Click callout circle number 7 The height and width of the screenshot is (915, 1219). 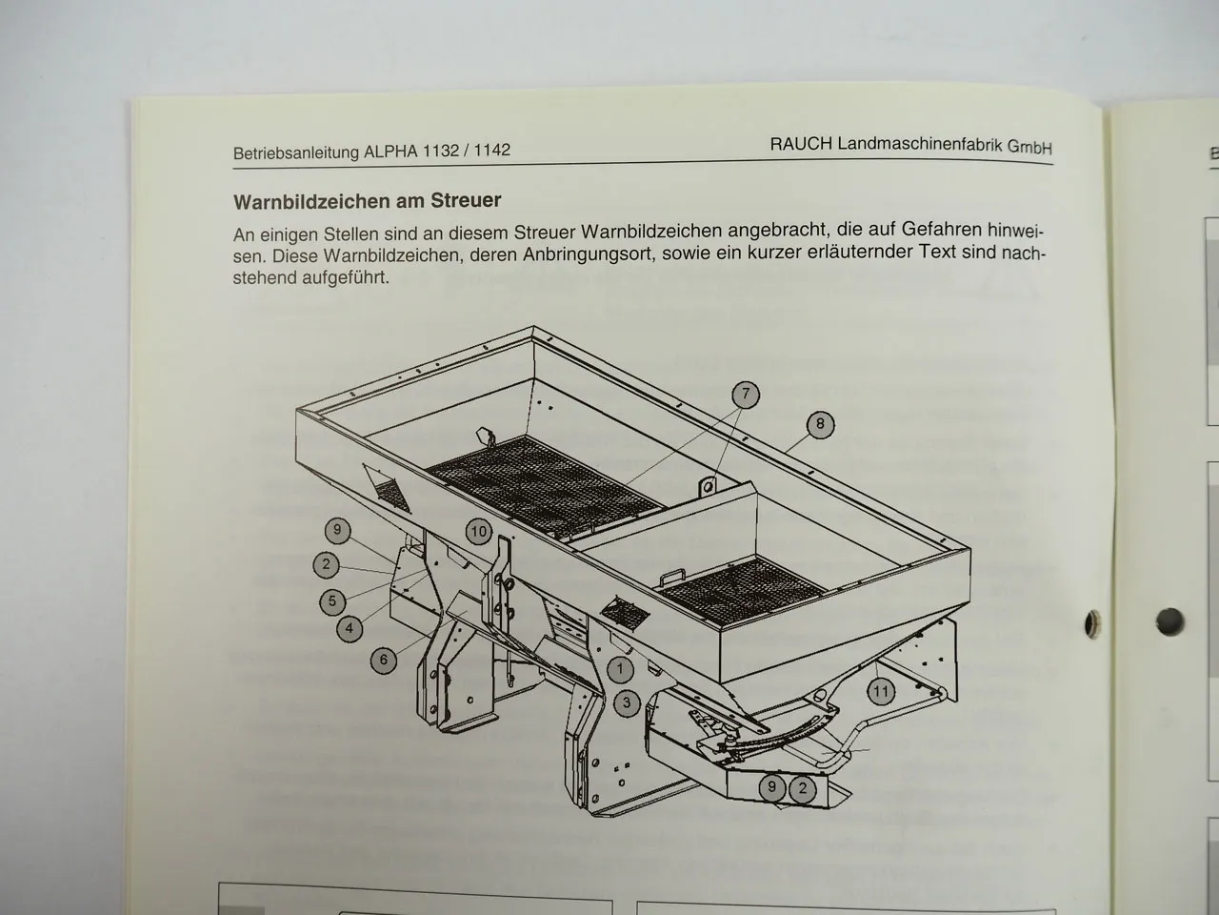pyautogui.click(x=746, y=395)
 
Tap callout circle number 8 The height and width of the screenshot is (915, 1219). pyautogui.click(x=820, y=424)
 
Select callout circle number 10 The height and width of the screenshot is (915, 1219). pyautogui.click(x=479, y=532)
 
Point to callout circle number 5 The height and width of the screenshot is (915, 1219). pyautogui.click(x=332, y=601)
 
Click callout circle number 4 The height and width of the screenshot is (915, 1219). pyautogui.click(x=350, y=629)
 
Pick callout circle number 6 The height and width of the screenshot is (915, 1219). pyautogui.click(x=383, y=660)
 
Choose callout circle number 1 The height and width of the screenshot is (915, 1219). pyautogui.click(x=620, y=669)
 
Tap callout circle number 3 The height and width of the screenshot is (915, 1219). pyautogui.click(x=627, y=702)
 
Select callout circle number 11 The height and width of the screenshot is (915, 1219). pyautogui.click(x=881, y=692)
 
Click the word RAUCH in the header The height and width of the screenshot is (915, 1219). pyautogui.click(x=801, y=144)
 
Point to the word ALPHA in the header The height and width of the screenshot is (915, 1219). pyautogui.click(x=390, y=152)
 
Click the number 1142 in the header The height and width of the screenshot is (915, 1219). pyautogui.click(x=491, y=150)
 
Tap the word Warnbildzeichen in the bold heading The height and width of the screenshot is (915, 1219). pyautogui.click(x=312, y=202)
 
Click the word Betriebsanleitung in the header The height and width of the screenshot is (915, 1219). pyautogui.click(x=296, y=152)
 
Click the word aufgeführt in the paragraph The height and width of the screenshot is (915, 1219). pyautogui.click(x=346, y=277)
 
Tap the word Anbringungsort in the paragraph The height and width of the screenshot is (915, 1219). pyautogui.click(x=590, y=254)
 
